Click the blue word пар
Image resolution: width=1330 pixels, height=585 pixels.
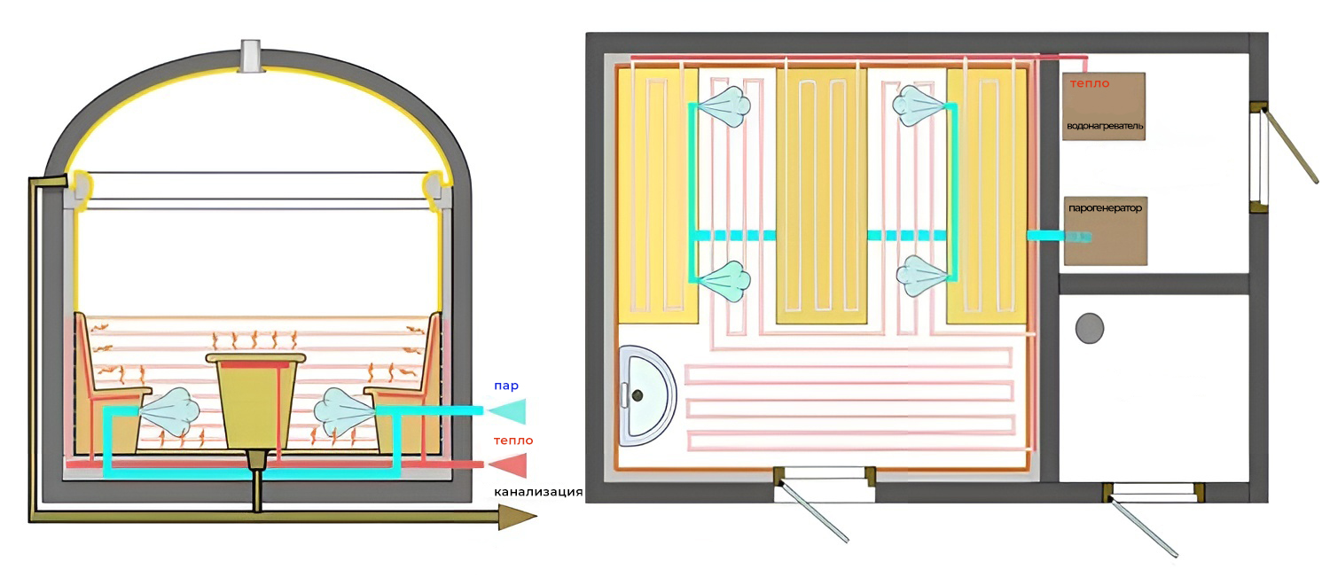506,386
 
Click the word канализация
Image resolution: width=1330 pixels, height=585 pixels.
538,492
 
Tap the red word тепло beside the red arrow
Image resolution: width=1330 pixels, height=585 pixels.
513,441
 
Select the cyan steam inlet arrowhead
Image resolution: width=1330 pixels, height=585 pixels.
506,411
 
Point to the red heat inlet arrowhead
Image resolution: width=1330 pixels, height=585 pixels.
508,465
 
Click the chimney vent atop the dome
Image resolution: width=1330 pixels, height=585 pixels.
252,56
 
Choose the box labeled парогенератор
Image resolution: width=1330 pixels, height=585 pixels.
1105,231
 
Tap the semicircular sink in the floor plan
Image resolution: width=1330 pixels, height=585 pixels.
645,395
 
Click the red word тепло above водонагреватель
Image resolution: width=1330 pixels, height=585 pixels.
1090,84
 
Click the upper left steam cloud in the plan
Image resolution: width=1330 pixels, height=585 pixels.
724,106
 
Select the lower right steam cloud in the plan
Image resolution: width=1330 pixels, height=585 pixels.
922,276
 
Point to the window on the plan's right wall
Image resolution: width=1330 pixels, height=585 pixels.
1258,158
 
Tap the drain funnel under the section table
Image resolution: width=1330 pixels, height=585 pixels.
256,459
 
